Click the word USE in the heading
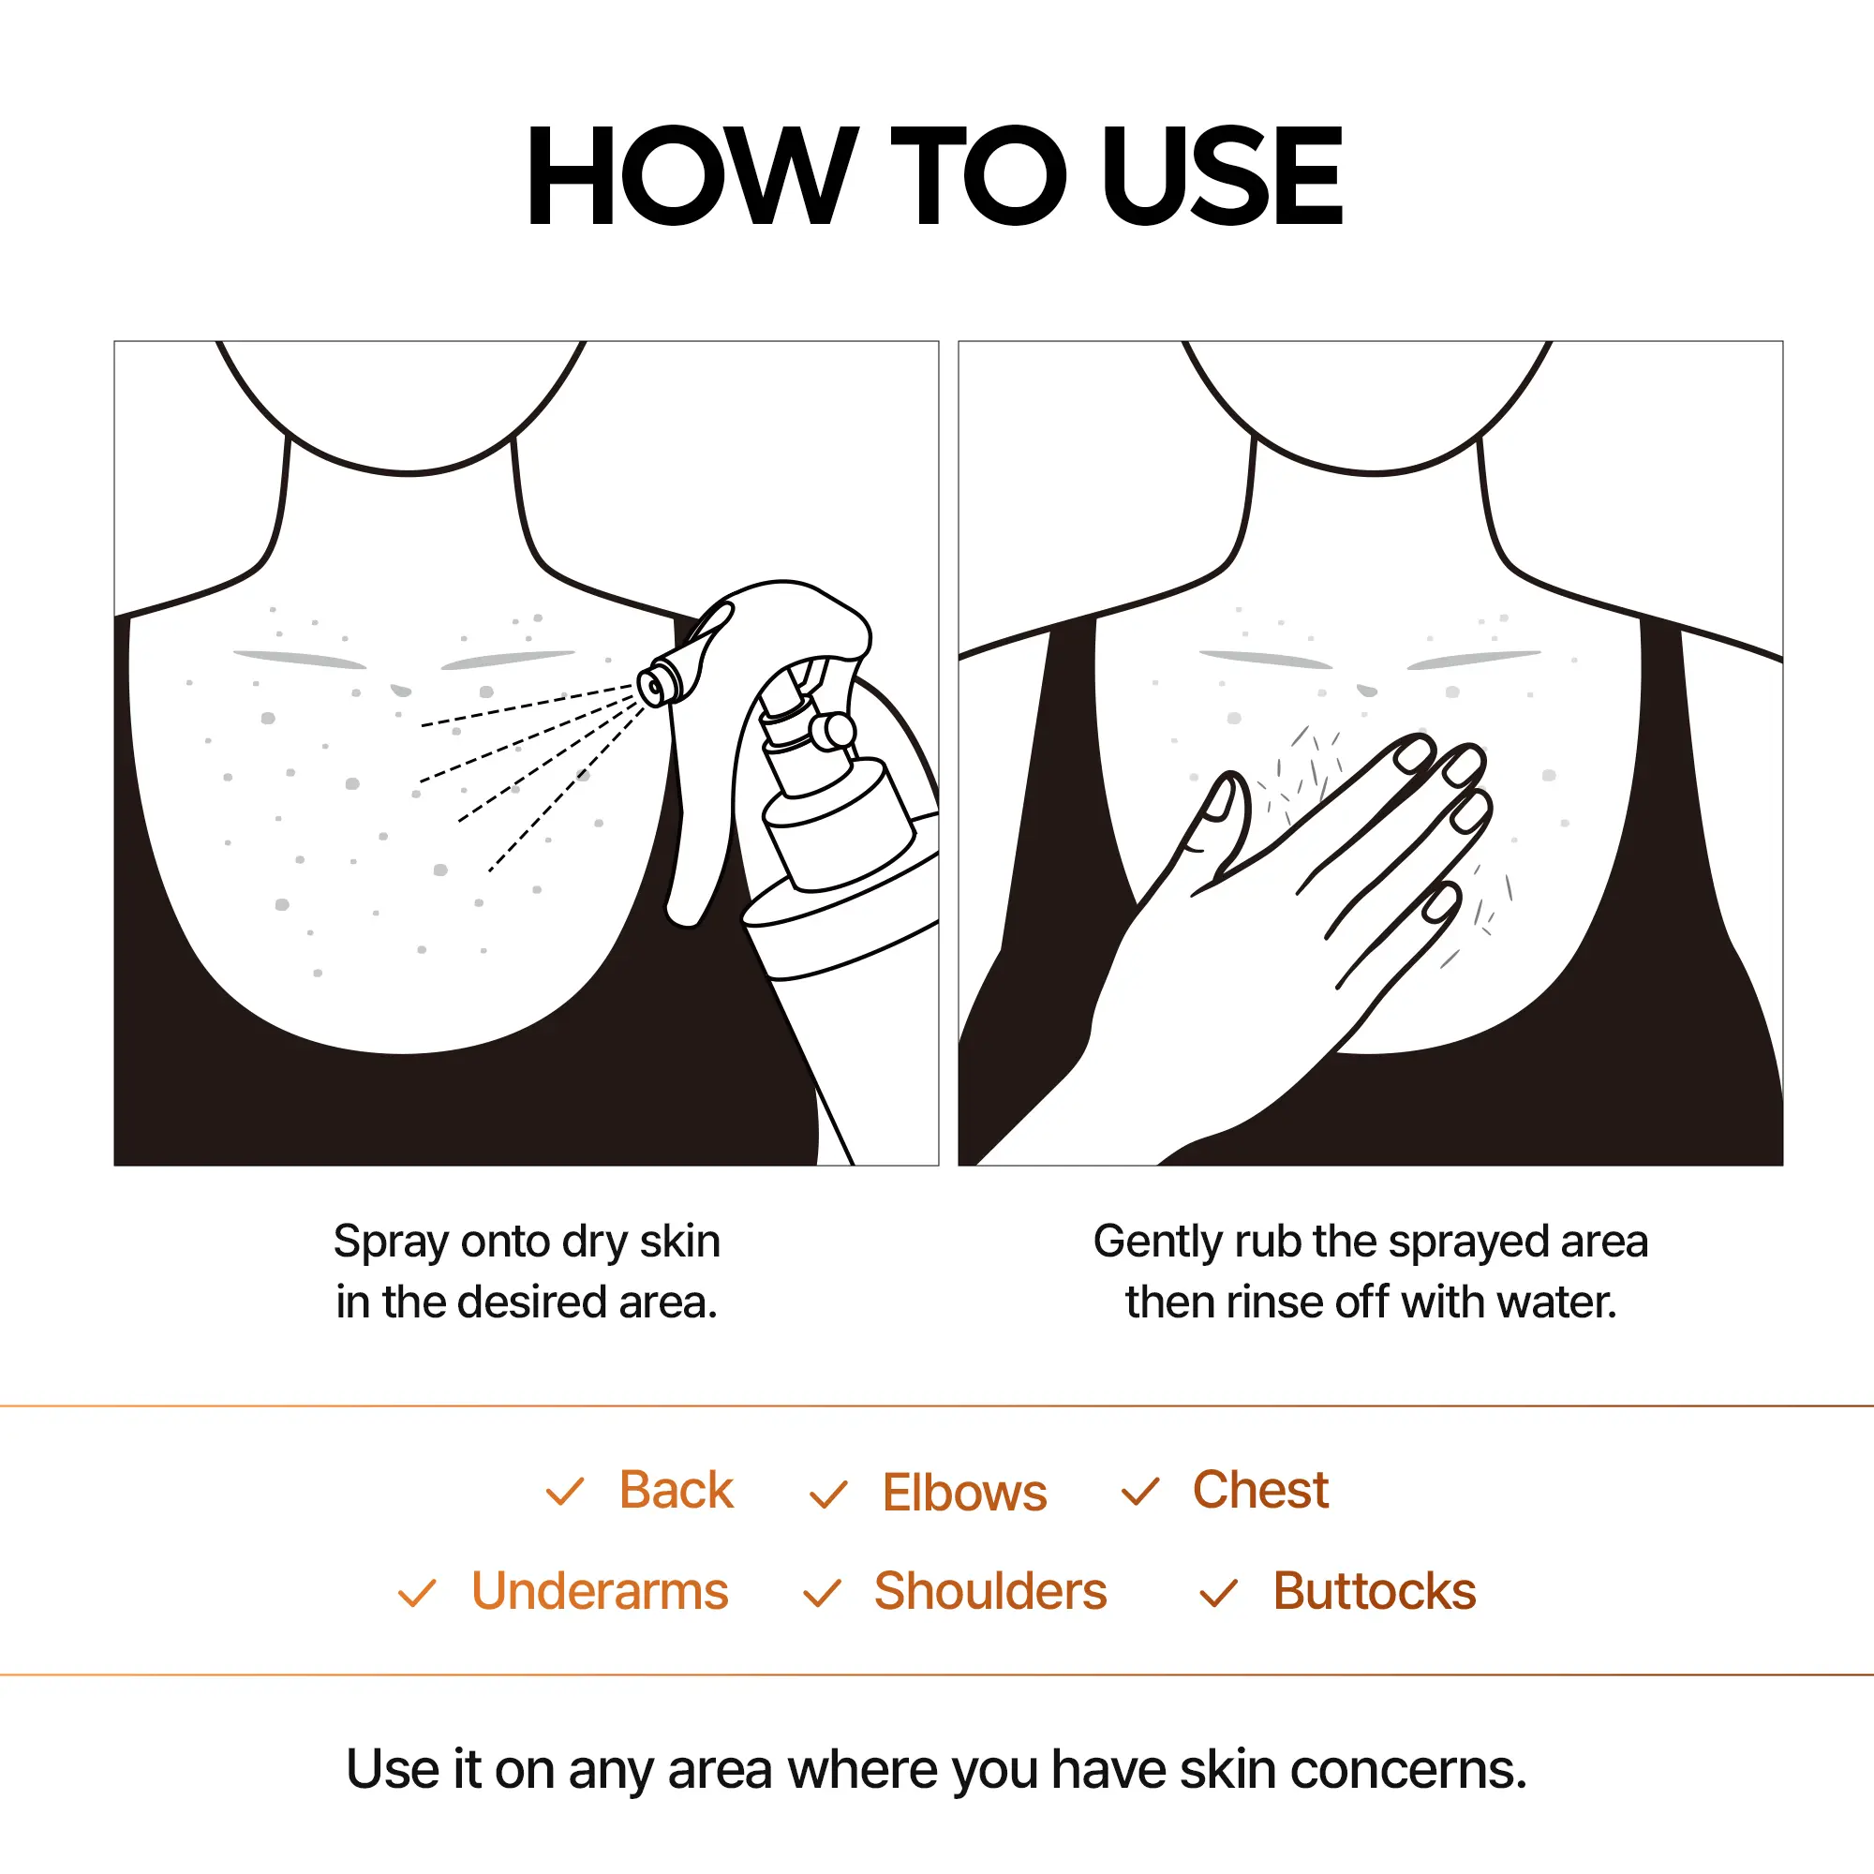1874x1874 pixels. coord(1221,175)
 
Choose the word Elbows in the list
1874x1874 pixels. coord(964,1493)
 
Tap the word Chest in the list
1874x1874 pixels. coord(1259,1490)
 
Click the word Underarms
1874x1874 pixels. coord(600,1592)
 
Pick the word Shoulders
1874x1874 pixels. coord(989,1592)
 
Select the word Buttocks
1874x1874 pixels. coord(1374,1592)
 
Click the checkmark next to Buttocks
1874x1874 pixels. coord(1218,1593)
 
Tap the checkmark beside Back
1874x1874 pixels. coord(564,1492)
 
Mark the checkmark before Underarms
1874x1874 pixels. coord(417,1594)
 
